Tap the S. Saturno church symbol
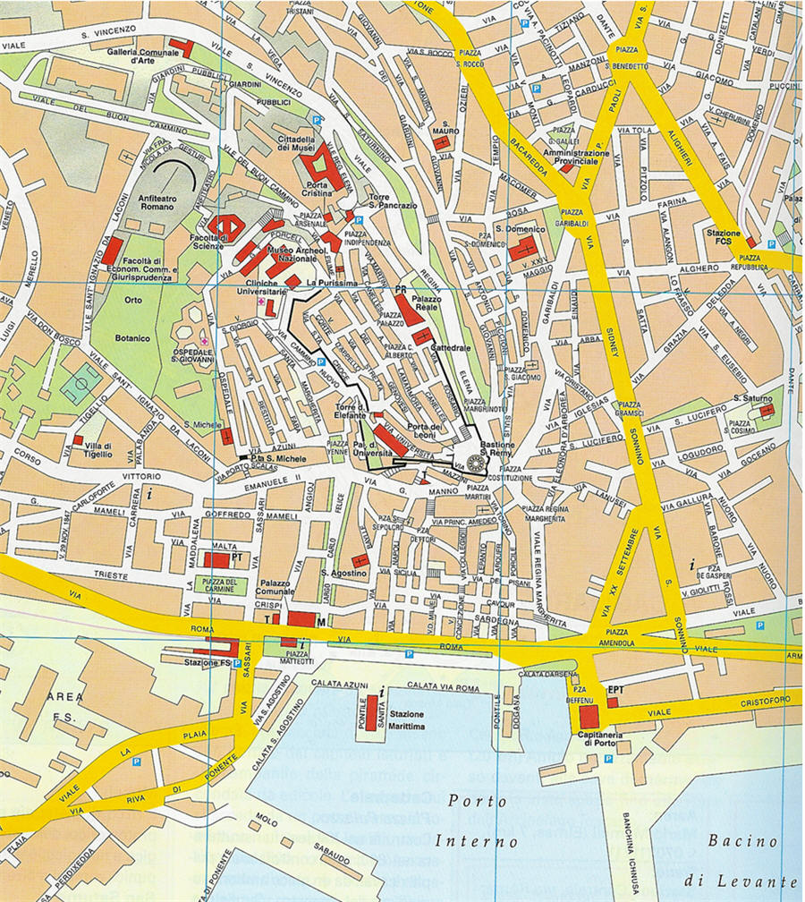pyautogui.click(x=767, y=410)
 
